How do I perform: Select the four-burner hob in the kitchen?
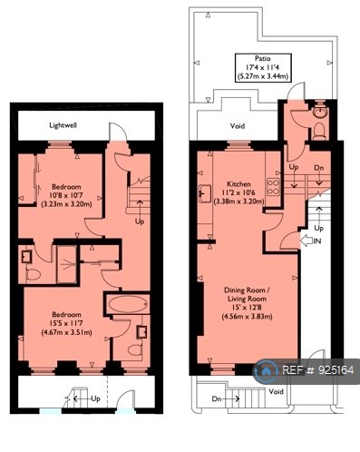pos(274,180)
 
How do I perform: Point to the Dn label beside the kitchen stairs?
pos(316,169)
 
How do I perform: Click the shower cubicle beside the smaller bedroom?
pos(67,261)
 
